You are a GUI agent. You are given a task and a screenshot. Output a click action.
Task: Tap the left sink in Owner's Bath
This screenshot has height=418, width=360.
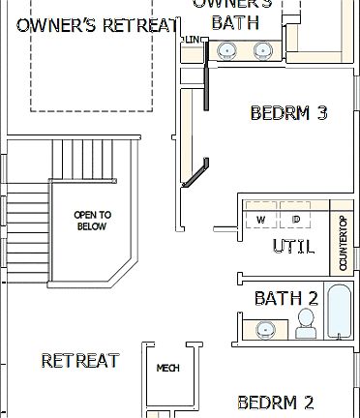[x=225, y=51]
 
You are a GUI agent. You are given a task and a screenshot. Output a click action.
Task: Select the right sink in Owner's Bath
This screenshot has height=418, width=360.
[x=261, y=51]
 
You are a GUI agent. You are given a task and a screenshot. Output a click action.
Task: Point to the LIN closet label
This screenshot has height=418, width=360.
[x=195, y=40]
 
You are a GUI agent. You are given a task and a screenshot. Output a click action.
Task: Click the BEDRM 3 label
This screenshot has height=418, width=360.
[x=288, y=113]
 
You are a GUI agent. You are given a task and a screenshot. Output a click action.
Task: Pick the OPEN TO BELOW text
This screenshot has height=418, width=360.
[x=92, y=221]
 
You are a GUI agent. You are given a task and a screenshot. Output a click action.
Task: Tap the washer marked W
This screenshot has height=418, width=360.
[x=260, y=221]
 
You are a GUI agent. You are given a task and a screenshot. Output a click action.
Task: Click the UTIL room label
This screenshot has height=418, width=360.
[x=292, y=247]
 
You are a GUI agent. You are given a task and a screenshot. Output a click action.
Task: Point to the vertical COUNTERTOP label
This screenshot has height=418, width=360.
[x=343, y=242]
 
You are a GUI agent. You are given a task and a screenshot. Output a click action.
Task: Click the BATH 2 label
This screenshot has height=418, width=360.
[x=285, y=298]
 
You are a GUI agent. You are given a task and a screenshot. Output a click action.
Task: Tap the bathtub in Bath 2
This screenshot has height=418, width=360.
[x=341, y=312]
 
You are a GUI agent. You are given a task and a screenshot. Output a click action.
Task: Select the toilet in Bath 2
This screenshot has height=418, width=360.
[x=306, y=323]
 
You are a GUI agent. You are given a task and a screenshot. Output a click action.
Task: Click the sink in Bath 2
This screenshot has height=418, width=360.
[x=264, y=330]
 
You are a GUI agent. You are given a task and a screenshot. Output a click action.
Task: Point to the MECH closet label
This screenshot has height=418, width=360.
[x=168, y=368]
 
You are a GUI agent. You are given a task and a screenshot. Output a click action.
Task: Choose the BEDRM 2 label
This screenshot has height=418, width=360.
[x=275, y=402]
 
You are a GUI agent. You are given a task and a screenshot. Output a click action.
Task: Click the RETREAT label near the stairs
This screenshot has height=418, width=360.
[x=80, y=361]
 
